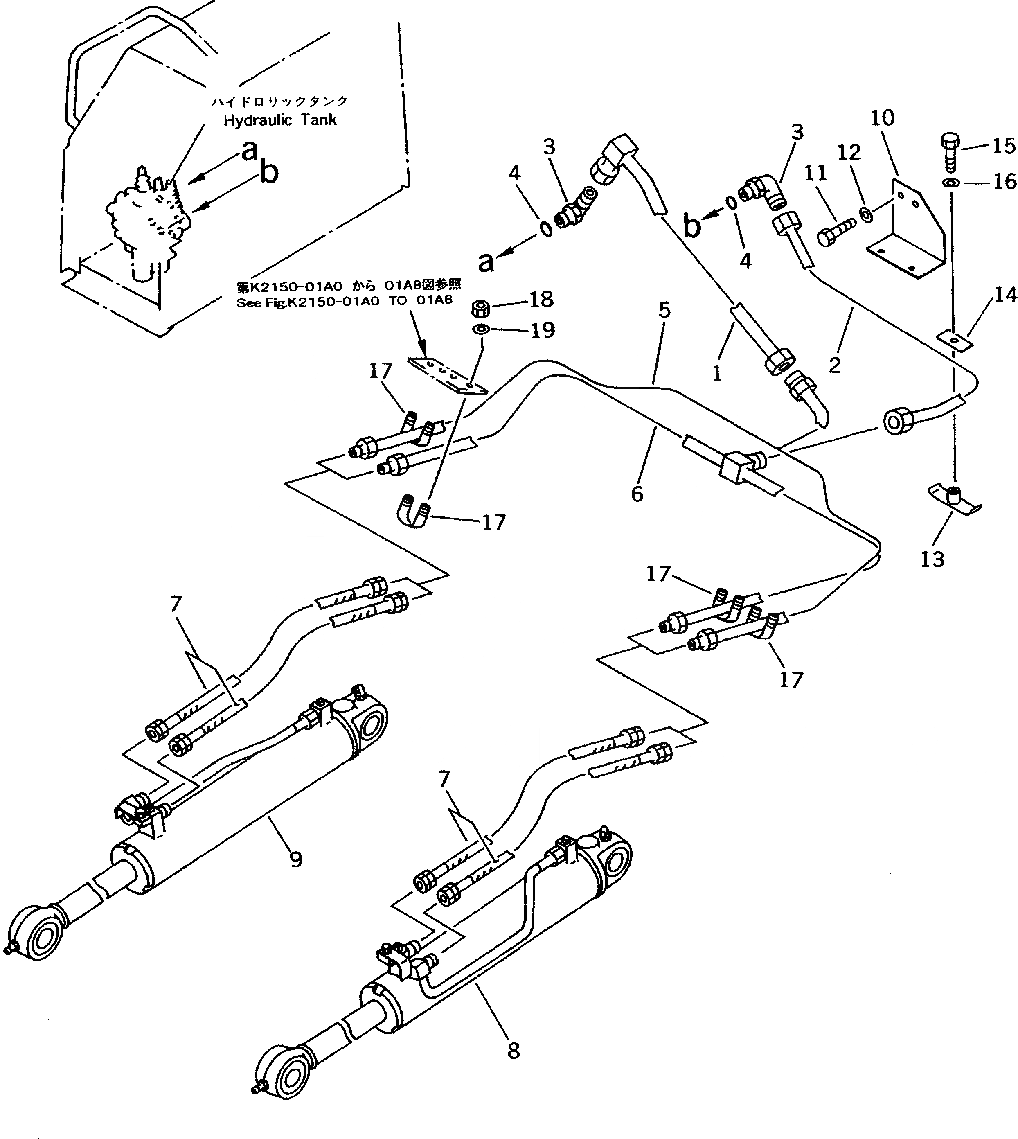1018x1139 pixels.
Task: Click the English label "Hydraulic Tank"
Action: point(280,120)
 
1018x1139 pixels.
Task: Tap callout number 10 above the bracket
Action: point(883,118)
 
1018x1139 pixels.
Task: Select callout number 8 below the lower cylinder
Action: point(513,1051)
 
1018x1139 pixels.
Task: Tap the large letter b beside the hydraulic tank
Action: point(269,174)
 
